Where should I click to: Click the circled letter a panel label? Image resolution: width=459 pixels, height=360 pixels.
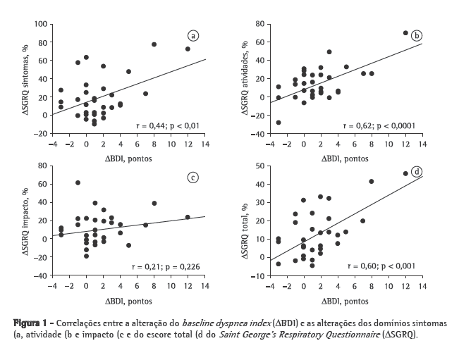[192, 36]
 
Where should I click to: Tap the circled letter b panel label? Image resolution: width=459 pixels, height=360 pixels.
[416, 35]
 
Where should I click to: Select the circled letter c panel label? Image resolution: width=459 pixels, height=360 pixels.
[192, 177]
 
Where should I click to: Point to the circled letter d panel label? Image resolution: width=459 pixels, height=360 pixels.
[416, 172]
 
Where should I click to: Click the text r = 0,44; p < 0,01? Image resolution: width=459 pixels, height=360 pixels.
[168, 125]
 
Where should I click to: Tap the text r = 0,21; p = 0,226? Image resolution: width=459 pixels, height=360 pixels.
[167, 267]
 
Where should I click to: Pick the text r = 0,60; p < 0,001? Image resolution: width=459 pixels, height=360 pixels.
[383, 266]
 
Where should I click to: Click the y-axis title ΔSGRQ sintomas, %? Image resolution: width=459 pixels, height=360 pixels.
[25, 80]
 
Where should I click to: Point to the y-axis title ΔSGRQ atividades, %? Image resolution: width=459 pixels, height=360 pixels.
[245, 80]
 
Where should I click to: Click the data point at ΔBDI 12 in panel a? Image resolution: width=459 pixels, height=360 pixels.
[188, 49]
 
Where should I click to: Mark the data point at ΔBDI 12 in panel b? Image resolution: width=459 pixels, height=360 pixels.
[405, 33]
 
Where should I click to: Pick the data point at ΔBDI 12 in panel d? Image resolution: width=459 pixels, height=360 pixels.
[405, 173]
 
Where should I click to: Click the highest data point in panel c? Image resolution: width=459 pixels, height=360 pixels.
[78, 182]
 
